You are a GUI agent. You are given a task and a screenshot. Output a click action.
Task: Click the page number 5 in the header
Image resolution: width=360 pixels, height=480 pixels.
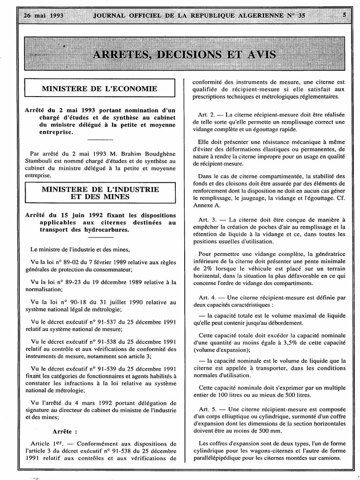coord(345,15)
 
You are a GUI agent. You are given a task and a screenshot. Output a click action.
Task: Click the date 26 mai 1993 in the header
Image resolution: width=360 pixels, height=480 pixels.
coord(43,15)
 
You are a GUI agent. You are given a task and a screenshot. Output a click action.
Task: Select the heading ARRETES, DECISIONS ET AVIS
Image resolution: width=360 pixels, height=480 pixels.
coord(184,54)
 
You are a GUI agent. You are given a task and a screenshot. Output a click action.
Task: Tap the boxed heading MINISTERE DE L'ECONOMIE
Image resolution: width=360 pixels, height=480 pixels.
coord(99,88)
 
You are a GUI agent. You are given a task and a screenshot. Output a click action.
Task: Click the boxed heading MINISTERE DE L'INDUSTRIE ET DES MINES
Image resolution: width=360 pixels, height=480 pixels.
coord(100,193)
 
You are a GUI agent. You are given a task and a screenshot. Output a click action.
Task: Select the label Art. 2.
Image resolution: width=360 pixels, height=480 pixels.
coord(207,114)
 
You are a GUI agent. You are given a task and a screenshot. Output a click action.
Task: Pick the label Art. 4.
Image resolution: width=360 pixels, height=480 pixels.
coord(207,297)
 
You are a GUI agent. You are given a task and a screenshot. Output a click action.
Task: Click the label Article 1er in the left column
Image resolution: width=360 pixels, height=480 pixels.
coord(45,443)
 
